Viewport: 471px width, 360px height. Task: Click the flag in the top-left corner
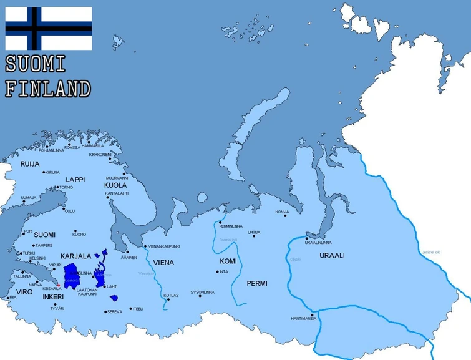click(x=49, y=28)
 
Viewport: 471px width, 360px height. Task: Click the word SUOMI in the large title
click(x=36, y=64)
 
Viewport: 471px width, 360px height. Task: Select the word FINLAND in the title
click(x=48, y=89)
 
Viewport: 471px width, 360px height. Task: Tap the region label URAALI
click(x=332, y=256)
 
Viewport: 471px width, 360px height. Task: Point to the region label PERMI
click(x=256, y=283)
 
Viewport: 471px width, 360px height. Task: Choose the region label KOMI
click(x=228, y=261)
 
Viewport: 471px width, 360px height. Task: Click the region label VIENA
click(x=163, y=263)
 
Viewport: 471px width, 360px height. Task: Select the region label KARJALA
click(x=76, y=256)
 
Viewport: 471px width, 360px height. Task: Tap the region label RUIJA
click(x=30, y=164)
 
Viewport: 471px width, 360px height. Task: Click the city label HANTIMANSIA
click(x=303, y=319)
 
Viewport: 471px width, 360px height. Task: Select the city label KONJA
click(x=282, y=212)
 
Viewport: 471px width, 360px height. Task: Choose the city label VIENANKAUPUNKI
click(x=164, y=246)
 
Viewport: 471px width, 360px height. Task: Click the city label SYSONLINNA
click(x=202, y=292)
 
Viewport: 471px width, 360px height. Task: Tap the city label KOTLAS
click(x=171, y=295)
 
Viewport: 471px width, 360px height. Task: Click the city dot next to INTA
click(x=217, y=271)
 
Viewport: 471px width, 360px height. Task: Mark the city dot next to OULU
click(x=64, y=211)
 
